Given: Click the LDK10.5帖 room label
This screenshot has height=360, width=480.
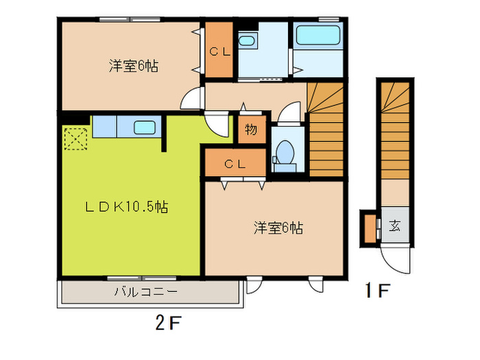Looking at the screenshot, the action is [x=126, y=207].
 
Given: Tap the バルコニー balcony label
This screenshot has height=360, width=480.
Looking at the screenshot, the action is [x=145, y=291].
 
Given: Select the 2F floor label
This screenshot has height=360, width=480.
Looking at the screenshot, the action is [x=169, y=323].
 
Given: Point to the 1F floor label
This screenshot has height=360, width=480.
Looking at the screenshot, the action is [x=377, y=291].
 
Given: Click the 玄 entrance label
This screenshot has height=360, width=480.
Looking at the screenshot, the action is [x=395, y=226].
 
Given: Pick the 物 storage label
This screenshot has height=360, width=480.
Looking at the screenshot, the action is [x=251, y=130].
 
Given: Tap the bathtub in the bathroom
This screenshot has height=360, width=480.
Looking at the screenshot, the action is [x=318, y=36].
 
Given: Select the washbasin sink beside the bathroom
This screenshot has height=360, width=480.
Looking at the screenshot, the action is [x=246, y=41].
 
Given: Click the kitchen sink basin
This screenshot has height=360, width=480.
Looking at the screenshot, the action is [x=145, y=128].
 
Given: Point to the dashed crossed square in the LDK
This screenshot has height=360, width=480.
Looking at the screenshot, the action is [x=75, y=139].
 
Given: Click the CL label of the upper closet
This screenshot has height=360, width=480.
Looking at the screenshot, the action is [x=220, y=51].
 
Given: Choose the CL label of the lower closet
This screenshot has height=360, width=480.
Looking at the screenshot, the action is [x=235, y=165].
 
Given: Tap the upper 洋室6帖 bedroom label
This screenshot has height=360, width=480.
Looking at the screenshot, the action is [x=134, y=66].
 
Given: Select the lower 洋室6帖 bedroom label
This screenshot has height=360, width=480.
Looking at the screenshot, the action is [x=278, y=228].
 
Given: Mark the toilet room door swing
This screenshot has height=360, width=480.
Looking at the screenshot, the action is [x=288, y=111].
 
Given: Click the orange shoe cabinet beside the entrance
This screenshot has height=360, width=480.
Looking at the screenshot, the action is [x=370, y=228].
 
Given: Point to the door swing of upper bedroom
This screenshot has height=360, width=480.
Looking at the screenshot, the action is [x=191, y=99].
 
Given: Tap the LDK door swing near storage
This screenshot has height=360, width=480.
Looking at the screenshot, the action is [x=217, y=125].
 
